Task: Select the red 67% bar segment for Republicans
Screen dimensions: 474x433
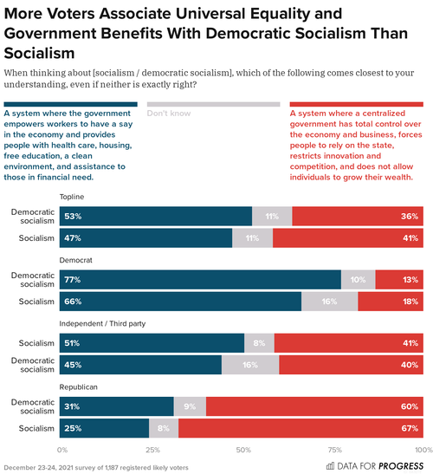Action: point(301,427)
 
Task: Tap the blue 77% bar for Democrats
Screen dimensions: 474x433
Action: point(201,279)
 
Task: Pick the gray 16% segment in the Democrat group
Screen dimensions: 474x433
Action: point(329,301)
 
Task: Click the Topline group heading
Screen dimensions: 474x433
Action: point(72,197)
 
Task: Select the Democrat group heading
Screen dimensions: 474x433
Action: point(75,259)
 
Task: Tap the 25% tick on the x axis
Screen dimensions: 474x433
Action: point(152,450)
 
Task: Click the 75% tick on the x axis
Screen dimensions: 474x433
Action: point(333,450)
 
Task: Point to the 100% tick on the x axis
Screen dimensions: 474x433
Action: point(422,450)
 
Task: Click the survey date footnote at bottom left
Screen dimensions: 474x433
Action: point(84,467)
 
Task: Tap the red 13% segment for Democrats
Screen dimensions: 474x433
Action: point(399,279)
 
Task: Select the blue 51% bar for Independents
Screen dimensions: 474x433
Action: point(153,342)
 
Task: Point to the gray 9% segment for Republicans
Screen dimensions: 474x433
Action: point(191,406)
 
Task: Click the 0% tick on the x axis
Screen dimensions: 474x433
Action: point(62,450)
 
